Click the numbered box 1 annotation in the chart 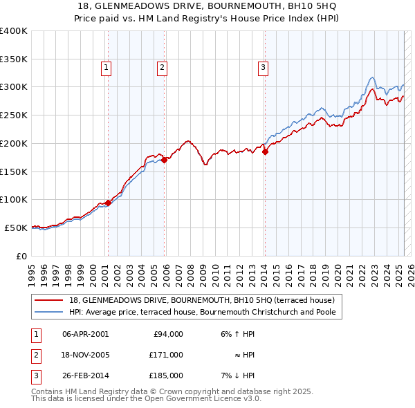[107, 67]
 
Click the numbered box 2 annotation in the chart [161, 67]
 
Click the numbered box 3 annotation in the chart [264, 67]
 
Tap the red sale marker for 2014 [265, 152]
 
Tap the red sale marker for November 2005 [165, 160]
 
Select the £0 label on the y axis [22, 255]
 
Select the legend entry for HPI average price [202, 312]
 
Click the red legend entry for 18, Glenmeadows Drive [202, 300]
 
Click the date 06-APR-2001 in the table [85, 334]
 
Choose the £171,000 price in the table [167, 355]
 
